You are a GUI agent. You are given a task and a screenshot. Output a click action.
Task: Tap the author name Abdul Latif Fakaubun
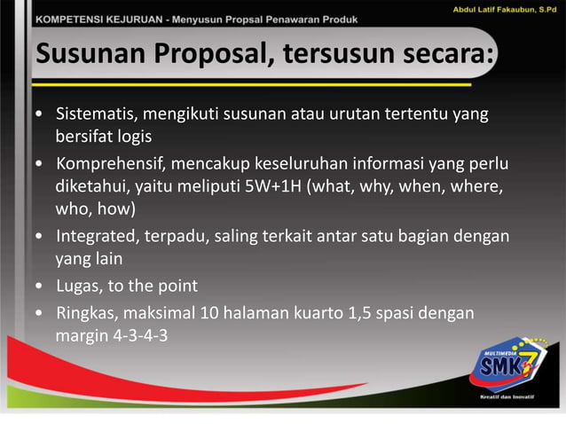point(486,9)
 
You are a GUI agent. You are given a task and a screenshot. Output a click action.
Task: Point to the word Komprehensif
point(111,165)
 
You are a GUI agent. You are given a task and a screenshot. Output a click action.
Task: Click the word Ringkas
point(86,313)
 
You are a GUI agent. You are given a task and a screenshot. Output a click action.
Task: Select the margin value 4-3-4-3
point(138,336)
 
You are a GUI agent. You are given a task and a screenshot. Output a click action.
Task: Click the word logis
point(132,137)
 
